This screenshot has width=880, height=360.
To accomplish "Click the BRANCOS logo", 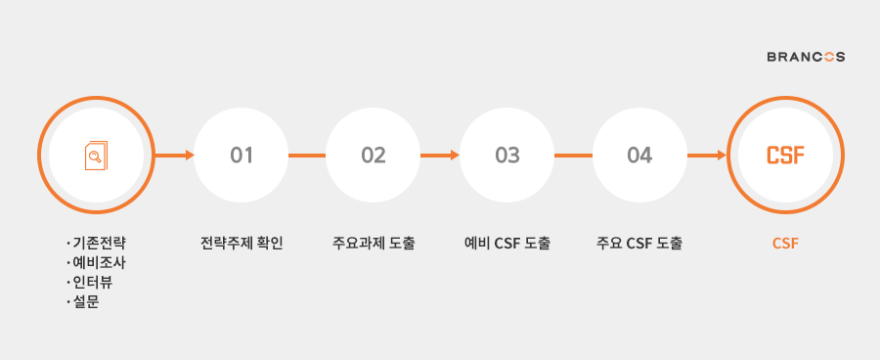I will pyautogui.click(x=806, y=57).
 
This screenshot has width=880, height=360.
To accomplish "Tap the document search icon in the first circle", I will pyautogui.click(x=96, y=155).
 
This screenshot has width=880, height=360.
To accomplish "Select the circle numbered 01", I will pyautogui.click(x=242, y=155).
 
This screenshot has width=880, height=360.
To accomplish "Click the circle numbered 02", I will pyautogui.click(x=374, y=155).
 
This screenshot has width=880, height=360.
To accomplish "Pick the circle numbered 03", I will pyautogui.click(x=507, y=155).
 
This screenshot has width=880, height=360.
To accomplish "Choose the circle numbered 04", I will pyautogui.click(x=640, y=155).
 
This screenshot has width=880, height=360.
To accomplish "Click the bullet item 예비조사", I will pyautogui.click(x=102, y=262).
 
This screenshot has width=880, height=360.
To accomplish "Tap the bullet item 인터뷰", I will pyautogui.click(x=96, y=283).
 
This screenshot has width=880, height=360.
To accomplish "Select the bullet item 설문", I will pyautogui.click(x=89, y=302).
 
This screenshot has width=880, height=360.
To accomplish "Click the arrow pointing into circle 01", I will pyautogui.click(x=176, y=155).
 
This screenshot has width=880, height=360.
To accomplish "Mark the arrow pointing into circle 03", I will pyautogui.click(x=441, y=155).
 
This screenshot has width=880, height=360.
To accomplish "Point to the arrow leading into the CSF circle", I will pyautogui.click(x=707, y=155).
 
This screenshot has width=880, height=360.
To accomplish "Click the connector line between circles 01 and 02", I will pyautogui.click(x=307, y=155).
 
